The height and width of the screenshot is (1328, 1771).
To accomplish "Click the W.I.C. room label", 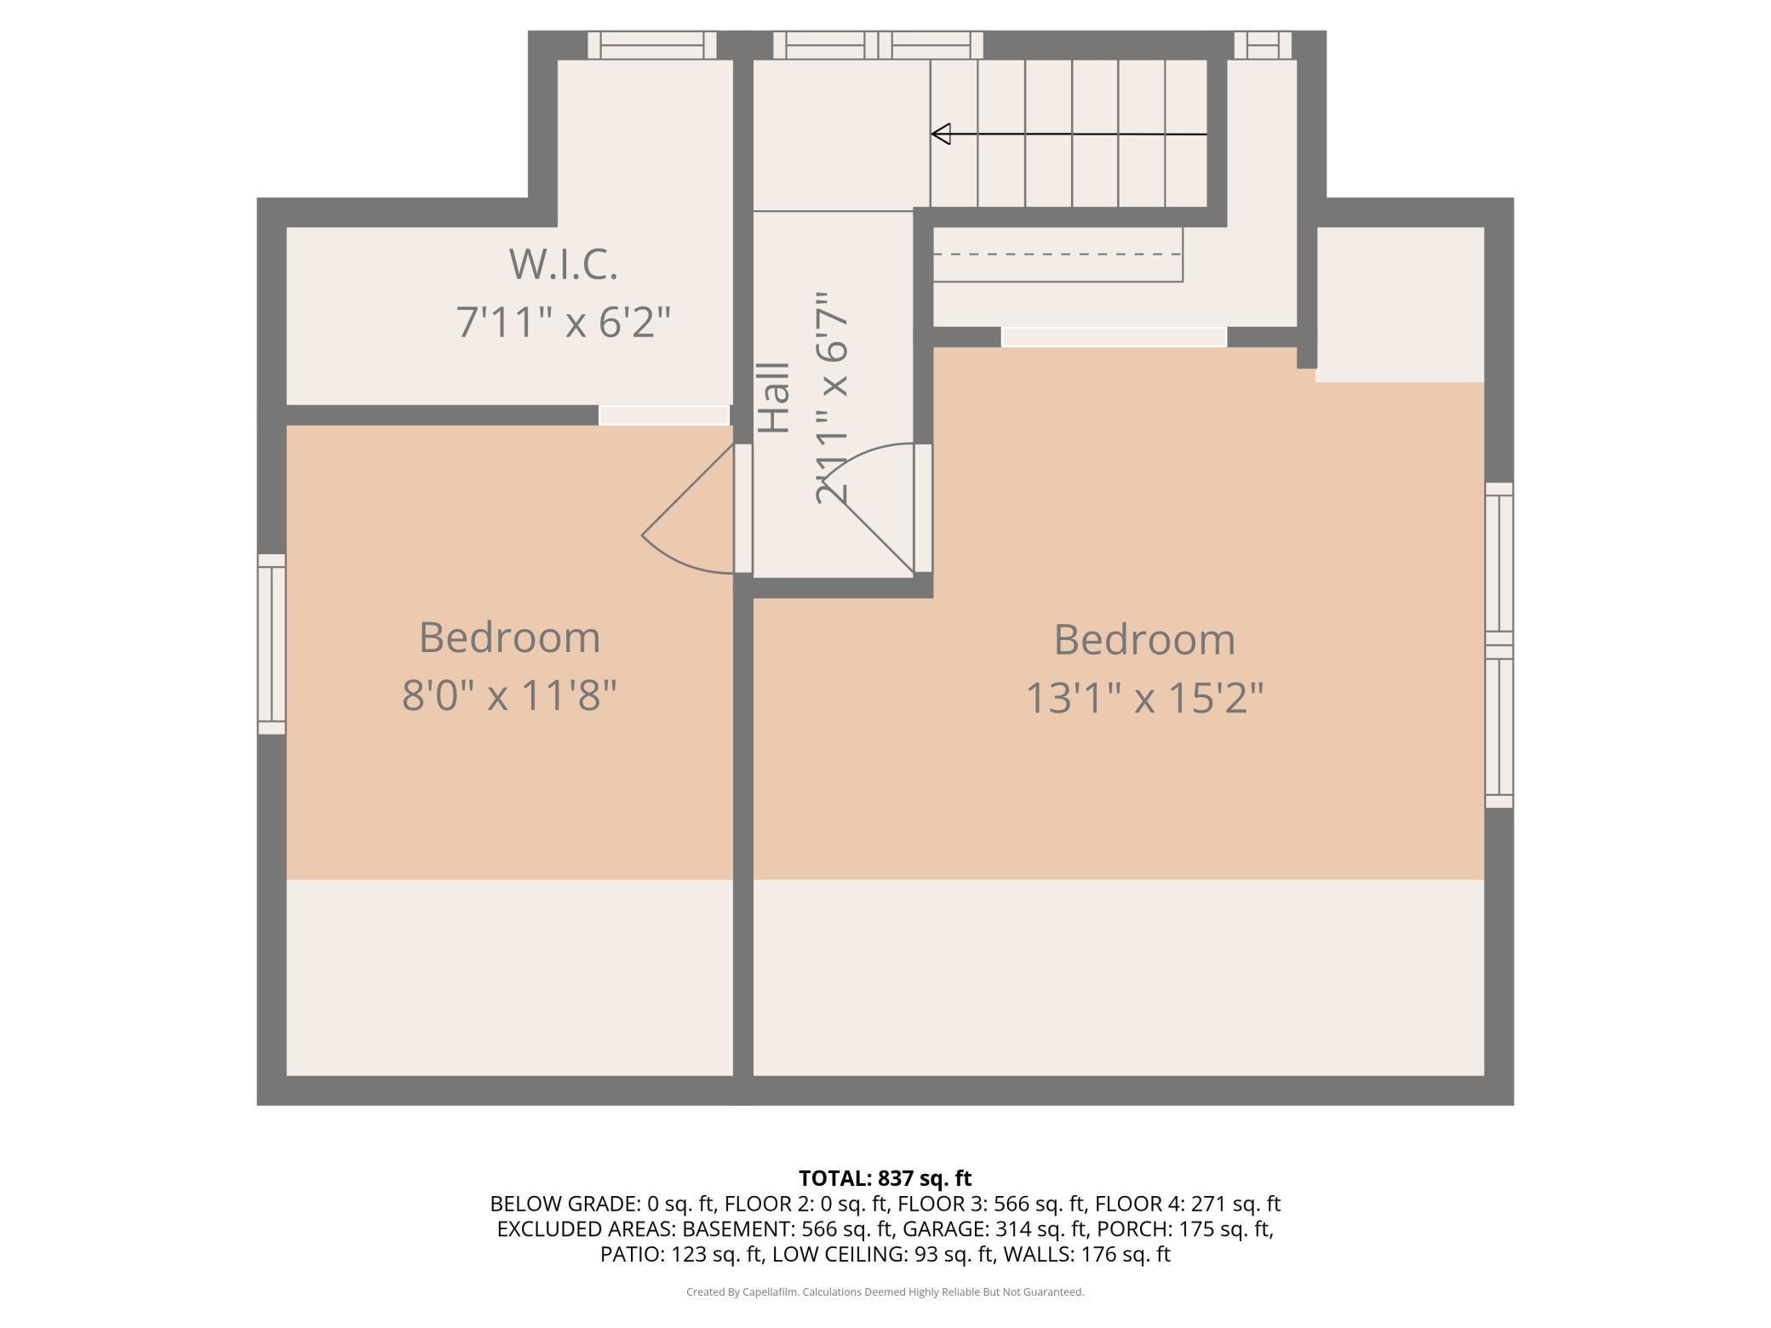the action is coord(563,264).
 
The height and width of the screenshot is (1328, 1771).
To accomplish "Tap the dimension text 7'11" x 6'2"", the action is coord(564,323).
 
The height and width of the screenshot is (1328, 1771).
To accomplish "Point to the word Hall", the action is coord(774,398).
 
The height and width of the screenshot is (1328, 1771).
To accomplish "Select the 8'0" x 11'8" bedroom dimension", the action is coord(509,695).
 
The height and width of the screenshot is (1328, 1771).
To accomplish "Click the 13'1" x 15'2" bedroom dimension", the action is coord(1144,698).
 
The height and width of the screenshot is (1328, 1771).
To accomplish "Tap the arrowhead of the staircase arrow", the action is coord(941,135).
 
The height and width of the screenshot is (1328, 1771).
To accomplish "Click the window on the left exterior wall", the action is coord(272,644).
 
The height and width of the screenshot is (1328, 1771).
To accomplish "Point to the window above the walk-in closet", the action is coord(652,45).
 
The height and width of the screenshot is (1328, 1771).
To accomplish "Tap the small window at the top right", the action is coord(1263,45).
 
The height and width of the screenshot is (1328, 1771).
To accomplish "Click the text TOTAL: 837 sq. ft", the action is coord(885,1178).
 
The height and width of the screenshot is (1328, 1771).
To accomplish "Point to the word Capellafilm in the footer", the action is coord(770,1292).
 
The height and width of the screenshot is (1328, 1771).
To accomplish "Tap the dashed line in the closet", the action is coord(1057,254).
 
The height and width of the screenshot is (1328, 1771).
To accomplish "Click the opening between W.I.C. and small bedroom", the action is coord(664,415).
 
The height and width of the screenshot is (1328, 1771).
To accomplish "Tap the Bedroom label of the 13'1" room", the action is coord(1144,639).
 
